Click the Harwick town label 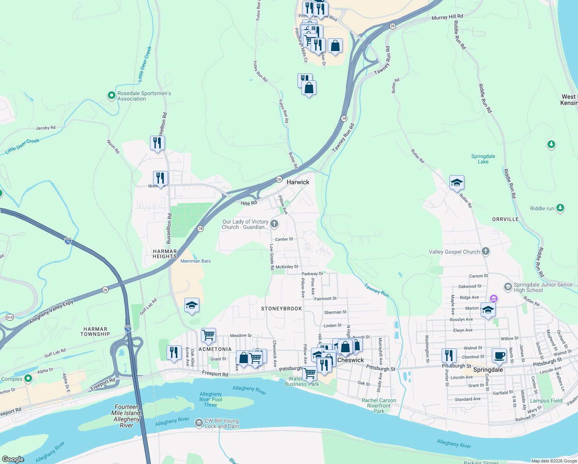298,182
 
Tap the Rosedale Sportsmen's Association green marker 111,95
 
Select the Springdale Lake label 483,159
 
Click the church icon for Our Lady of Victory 274,224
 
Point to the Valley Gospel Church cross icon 486,252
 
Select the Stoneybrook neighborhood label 281,309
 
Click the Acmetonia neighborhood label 215,349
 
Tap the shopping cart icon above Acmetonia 208,335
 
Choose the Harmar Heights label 165,254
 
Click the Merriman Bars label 195,261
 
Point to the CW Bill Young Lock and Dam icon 199,423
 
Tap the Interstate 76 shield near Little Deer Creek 68,241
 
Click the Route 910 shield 10,317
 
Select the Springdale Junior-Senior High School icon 508,287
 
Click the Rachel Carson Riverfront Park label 379,406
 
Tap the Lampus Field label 546,401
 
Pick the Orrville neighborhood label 505,219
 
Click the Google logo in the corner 13,459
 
